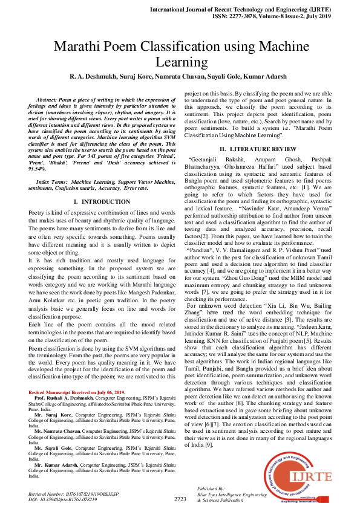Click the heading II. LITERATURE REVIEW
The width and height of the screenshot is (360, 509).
pos(258,148)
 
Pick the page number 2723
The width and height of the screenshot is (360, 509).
pos(180,499)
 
